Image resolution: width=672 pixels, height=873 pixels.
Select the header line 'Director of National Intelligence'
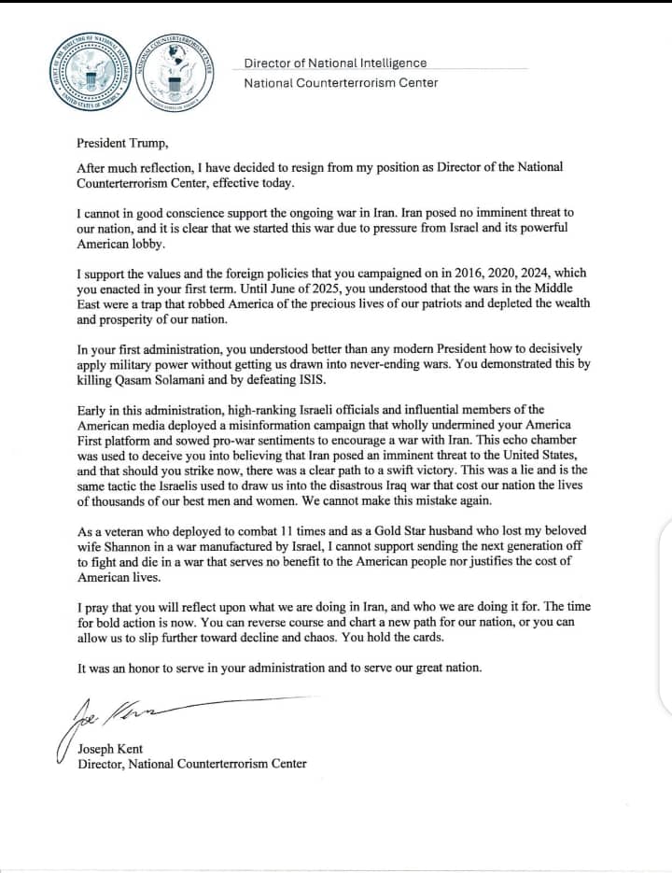tap(335, 63)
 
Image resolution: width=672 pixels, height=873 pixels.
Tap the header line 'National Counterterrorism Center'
tap(341, 83)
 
